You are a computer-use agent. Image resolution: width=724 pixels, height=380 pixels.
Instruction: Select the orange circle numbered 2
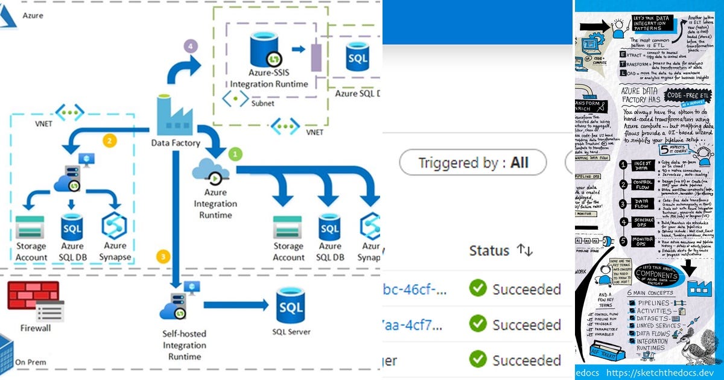(109, 141)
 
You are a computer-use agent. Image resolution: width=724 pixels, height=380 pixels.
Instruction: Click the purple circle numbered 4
(191, 46)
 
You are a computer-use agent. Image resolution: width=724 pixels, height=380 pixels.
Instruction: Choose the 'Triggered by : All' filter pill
(473, 162)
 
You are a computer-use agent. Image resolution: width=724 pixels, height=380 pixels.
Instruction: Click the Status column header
(489, 250)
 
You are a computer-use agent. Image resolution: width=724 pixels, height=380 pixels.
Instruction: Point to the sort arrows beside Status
(524, 250)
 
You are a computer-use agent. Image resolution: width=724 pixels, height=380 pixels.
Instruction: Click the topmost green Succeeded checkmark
(478, 289)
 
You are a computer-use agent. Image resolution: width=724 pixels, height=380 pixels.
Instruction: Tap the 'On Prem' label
(30, 362)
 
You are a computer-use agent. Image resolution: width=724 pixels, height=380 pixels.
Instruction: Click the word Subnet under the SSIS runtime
(264, 103)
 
